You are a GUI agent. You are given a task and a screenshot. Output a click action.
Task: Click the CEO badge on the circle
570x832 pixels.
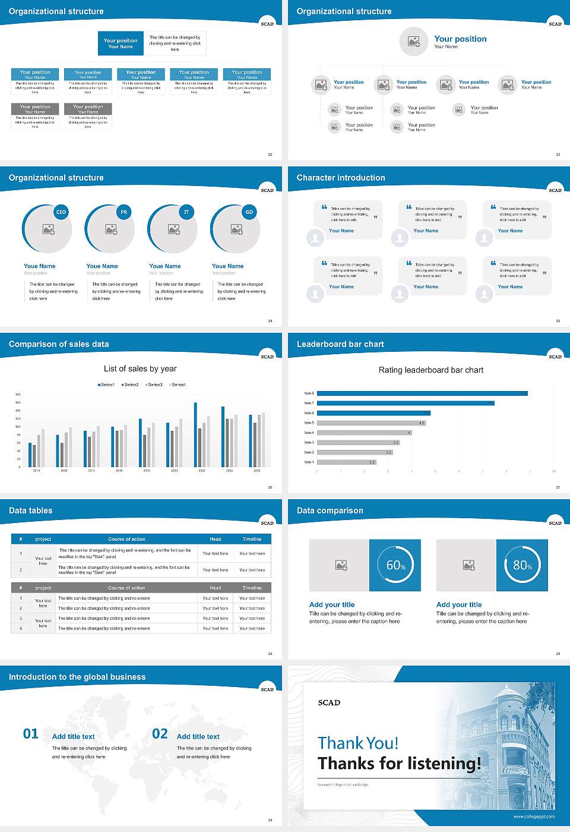click(x=61, y=212)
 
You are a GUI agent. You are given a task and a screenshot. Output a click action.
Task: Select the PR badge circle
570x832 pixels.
click(x=123, y=212)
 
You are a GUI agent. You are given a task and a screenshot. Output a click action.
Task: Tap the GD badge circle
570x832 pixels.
click(x=249, y=212)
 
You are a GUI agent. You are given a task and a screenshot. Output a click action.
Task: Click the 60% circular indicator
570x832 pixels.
click(x=395, y=565)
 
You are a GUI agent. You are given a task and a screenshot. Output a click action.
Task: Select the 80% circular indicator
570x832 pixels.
click(x=522, y=565)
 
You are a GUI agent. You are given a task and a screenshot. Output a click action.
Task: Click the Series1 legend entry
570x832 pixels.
click(x=106, y=385)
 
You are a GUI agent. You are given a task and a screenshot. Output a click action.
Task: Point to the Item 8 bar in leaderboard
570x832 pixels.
click(x=422, y=393)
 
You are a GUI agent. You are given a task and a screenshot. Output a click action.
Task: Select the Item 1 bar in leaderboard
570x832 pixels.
click(x=346, y=462)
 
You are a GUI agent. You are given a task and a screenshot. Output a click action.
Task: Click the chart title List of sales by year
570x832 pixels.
click(x=140, y=368)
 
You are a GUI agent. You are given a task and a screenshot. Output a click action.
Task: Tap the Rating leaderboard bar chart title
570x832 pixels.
click(x=430, y=370)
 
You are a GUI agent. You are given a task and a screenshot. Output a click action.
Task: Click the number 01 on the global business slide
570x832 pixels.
click(x=31, y=734)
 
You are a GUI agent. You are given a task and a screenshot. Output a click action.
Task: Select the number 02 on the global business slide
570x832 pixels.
click(x=160, y=734)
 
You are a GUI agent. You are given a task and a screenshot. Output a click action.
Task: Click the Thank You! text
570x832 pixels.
click(x=358, y=743)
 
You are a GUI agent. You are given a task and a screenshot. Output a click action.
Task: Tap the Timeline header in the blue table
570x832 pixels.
click(x=252, y=539)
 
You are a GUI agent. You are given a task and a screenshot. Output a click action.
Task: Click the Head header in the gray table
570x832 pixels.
click(x=215, y=588)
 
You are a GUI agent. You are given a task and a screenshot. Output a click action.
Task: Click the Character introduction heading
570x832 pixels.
click(x=341, y=178)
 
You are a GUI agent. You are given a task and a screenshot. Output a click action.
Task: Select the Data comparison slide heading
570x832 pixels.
click(x=330, y=510)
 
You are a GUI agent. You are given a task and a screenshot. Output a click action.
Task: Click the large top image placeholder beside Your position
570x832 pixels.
click(x=414, y=42)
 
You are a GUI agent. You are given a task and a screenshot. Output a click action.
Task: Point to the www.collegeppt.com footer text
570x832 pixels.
click(x=534, y=817)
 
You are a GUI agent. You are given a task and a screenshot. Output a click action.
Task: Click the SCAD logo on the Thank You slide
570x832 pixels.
click(x=329, y=702)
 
